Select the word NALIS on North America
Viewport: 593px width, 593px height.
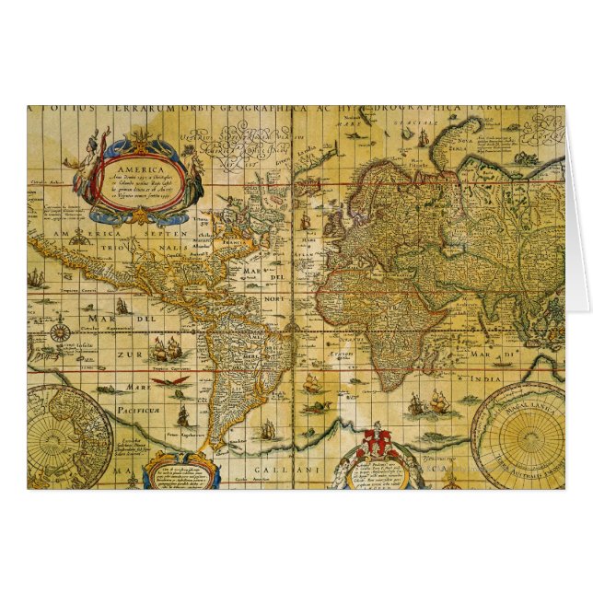click(174, 250)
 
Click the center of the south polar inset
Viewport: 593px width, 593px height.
click(517, 435)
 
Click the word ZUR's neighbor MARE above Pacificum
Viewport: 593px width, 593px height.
click(112, 387)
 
